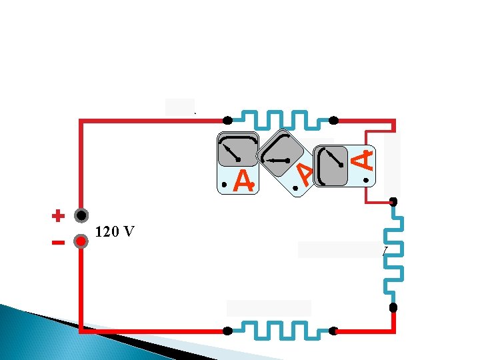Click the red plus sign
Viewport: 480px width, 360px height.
tap(58, 216)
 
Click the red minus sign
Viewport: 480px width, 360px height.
tap(58, 242)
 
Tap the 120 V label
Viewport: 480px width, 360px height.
tap(115, 232)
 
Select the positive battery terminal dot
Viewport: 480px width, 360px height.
tap(81, 216)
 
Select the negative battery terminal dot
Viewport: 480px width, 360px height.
tap(81, 242)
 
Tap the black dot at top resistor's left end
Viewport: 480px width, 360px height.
tap(227, 121)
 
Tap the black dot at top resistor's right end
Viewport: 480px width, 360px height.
tap(333, 121)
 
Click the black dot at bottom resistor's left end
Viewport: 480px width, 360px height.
tap(227, 330)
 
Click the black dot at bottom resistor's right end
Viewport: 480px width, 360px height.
tap(333, 330)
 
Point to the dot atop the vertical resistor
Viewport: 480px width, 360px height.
tap(393, 201)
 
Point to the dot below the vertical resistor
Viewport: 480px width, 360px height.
tap(393, 307)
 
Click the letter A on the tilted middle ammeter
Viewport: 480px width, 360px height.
tap(305, 175)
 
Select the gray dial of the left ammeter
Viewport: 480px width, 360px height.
tap(238, 150)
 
